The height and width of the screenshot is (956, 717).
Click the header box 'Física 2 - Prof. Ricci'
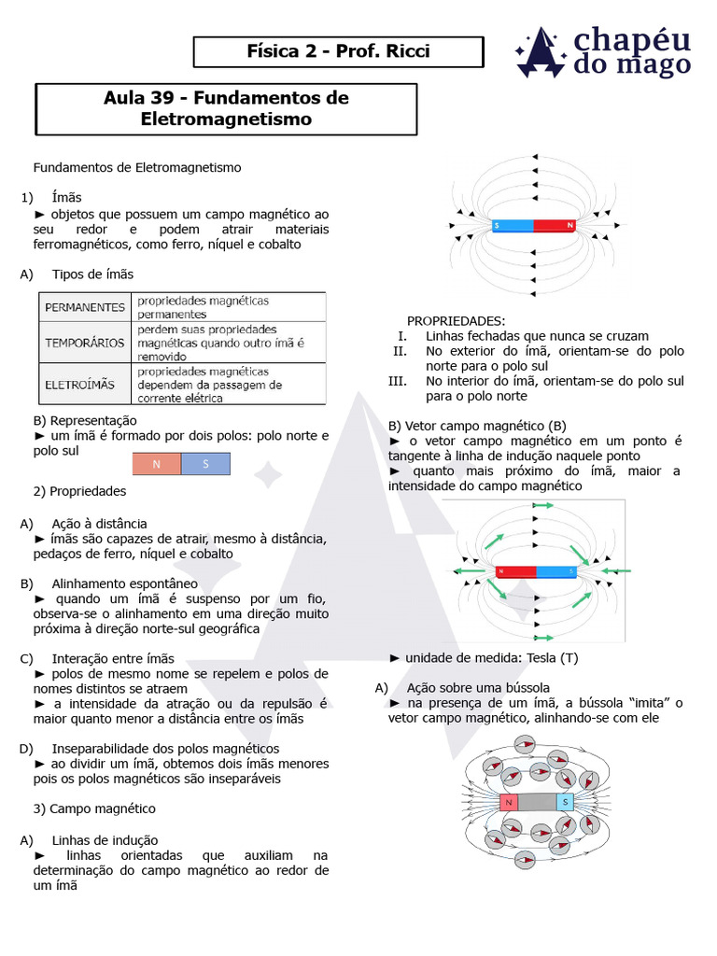tap(338, 51)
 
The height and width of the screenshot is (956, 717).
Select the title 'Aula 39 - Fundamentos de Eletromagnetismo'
tap(226, 109)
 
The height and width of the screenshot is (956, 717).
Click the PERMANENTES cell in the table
tap(85, 306)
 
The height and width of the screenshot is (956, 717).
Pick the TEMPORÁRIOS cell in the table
tap(85, 343)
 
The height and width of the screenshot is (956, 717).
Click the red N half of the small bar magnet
tap(156, 464)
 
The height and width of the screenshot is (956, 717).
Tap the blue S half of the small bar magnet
tap(205, 464)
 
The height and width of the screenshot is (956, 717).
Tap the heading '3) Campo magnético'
tap(94, 808)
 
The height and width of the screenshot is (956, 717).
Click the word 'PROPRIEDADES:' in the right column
tap(456, 320)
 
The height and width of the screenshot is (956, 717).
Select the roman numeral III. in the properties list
tap(399, 381)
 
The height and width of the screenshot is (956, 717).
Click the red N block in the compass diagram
tap(509, 802)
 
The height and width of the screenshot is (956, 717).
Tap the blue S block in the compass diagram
tap(565, 802)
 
